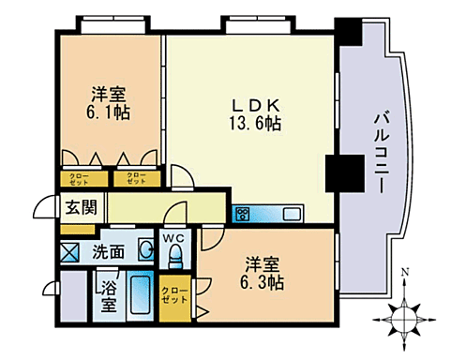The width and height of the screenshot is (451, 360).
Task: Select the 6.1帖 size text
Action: (x=110, y=112)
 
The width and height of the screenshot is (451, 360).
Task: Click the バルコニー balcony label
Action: (x=382, y=149)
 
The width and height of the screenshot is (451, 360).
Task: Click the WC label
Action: (x=173, y=237)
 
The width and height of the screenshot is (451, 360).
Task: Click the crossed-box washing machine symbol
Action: (x=71, y=251)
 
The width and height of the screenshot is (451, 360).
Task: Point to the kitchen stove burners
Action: (x=241, y=214)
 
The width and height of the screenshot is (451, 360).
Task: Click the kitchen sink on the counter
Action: (x=290, y=214)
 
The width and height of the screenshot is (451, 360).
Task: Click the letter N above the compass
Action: (x=404, y=275)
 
